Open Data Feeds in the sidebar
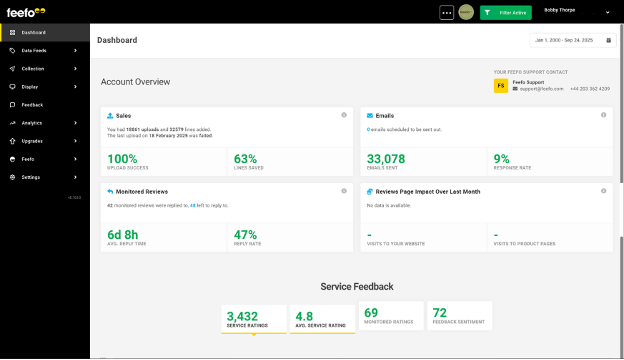34,50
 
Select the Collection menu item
33,68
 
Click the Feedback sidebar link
32,104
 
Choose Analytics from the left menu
32,123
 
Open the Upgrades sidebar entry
32,141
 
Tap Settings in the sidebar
31,177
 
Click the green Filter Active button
505,13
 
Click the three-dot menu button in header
446,13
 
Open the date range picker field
572,40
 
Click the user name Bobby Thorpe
561,10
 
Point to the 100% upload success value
122,158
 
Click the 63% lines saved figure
245,158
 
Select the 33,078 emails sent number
386,158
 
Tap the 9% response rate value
501,158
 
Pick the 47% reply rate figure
245,234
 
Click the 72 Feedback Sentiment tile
459,315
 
